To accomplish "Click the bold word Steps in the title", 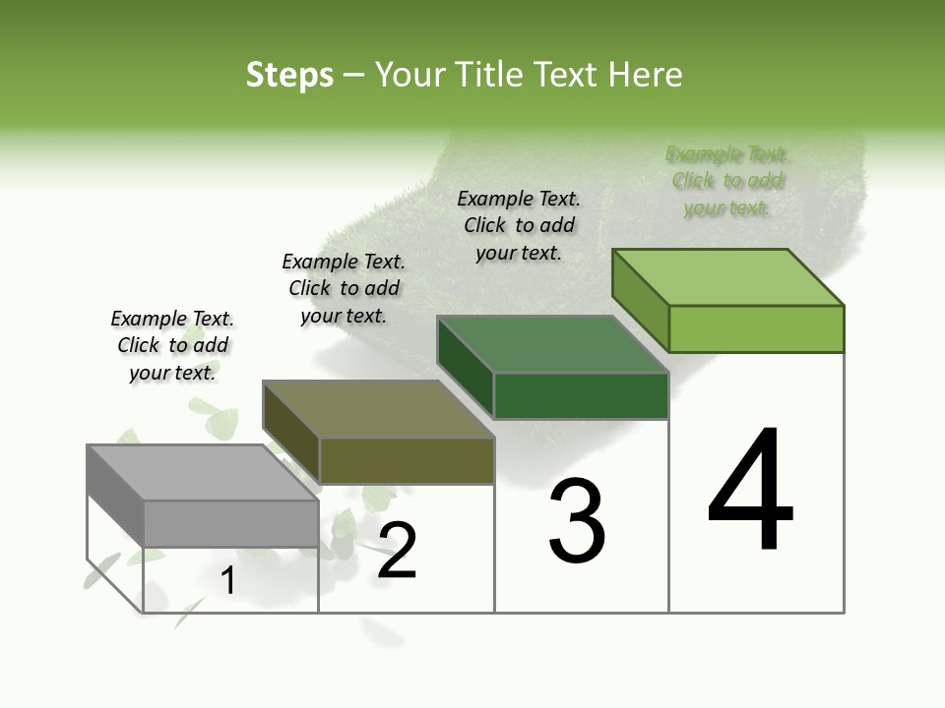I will click(289, 75).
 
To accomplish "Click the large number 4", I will click(750, 491).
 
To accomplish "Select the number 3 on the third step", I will click(577, 521).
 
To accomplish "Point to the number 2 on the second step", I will click(398, 551).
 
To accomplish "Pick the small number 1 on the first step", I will click(228, 581).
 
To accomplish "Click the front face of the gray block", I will click(231, 523).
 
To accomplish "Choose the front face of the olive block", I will click(407, 460).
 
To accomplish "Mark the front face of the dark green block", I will click(581, 395).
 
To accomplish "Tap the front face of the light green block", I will click(756, 328).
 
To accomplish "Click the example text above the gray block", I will click(172, 345).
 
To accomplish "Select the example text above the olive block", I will click(344, 288).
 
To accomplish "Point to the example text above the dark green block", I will click(519, 225).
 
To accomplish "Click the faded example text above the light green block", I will click(727, 181).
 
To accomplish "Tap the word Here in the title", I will click(646, 75).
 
